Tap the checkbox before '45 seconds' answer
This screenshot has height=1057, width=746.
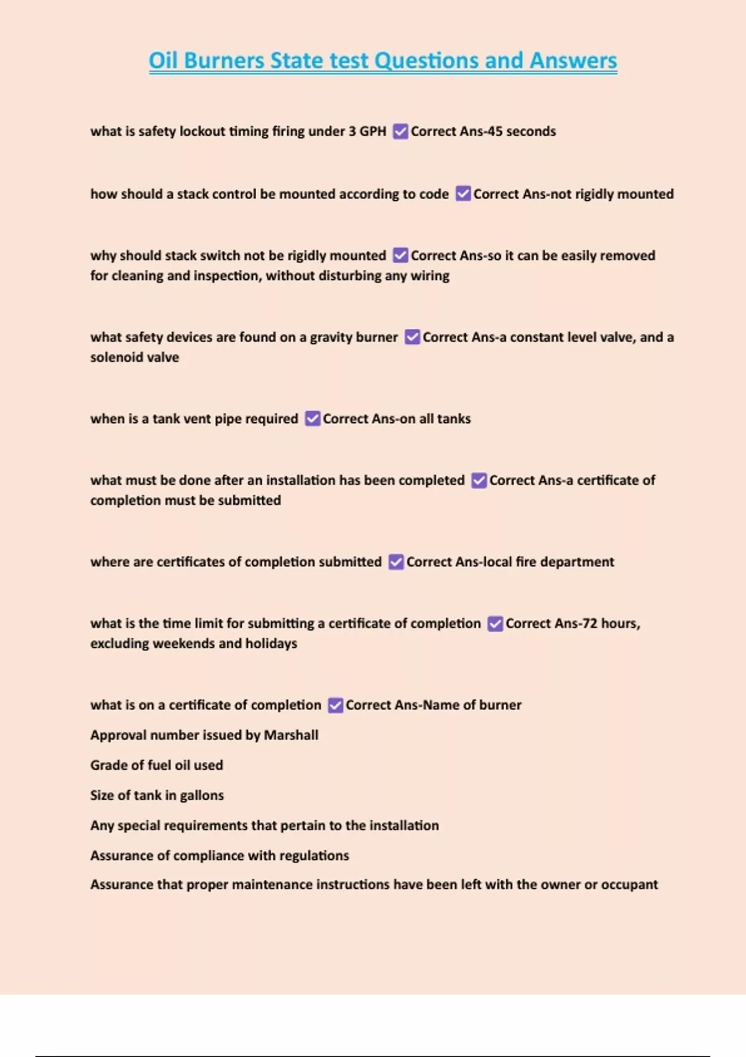(400, 132)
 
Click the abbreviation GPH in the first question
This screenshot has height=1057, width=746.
(373, 131)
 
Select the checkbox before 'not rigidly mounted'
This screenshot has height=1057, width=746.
(463, 194)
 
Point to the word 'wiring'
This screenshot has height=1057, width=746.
(430, 275)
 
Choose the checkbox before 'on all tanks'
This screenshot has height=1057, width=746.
(313, 418)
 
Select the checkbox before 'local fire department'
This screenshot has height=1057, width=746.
(396, 562)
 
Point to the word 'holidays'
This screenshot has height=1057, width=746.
(271, 644)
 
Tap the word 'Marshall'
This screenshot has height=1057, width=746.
(291, 735)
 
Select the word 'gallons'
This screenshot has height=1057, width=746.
(201, 795)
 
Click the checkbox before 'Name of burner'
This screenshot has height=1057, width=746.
(336, 705)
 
